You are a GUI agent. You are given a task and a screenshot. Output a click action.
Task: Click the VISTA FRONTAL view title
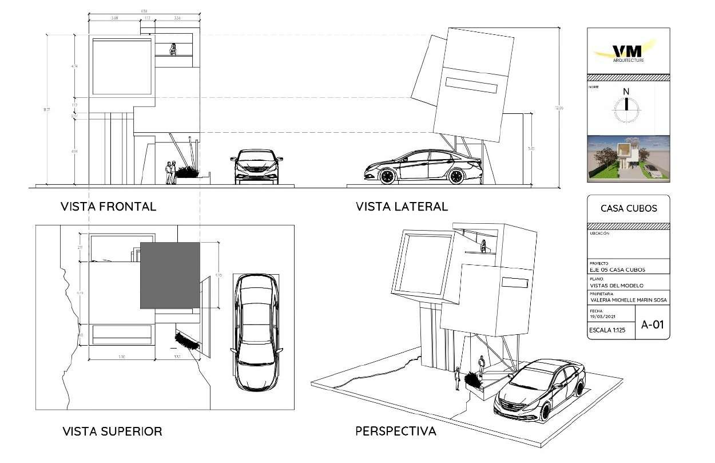click(x=108, y=207)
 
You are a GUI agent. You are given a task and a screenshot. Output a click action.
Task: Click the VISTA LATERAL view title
click(x=402, y=206)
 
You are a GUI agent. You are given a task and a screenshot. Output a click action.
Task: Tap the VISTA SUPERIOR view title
click(x=112, y=431)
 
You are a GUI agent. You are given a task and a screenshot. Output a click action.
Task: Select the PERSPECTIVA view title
click(x=395, y=431)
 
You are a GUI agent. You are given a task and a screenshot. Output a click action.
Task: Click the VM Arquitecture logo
click(x=628, y=52)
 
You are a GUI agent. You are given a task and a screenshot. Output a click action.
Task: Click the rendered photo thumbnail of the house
click(x=628, y=159)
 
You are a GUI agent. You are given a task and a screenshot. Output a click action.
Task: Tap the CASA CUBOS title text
click(x=629, y=209)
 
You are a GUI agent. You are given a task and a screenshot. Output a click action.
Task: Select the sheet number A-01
click(x=652, y=325)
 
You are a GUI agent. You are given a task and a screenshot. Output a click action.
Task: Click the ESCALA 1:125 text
click(x=610, y=331)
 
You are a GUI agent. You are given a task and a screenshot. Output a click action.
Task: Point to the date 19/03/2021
click(x=601, y=316)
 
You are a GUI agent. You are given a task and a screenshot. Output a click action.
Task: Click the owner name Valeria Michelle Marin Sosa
click(x=628, y=300)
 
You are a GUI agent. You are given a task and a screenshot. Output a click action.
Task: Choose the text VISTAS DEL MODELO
click(x=614, y=285)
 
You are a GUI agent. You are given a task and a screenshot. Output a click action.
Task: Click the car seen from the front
click(x=257, y=167)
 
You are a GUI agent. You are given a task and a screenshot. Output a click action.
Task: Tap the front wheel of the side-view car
click(x=387, y=176)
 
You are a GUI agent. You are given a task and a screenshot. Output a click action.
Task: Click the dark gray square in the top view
click(x=170, y=275)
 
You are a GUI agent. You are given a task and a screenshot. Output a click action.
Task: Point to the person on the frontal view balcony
click(x=173, y=49)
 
